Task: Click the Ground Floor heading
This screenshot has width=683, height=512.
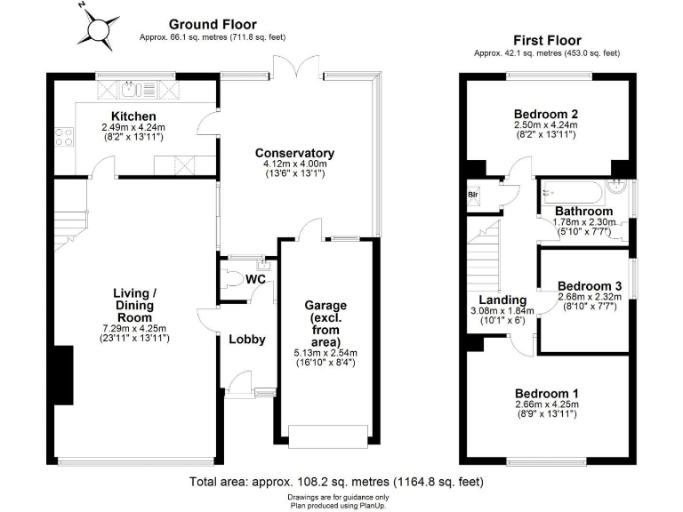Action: [x=212, y=24]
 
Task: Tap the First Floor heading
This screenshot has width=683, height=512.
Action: [x=547, y=40]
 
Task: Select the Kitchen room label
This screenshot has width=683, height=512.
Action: [x=133, y=116]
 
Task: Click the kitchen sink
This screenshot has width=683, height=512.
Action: [x=131, y=88]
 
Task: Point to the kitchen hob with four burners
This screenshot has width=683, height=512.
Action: [x=65, y=137]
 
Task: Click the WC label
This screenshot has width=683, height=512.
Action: [x=256, y=280]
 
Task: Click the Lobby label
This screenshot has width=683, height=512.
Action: [x=247, y=339]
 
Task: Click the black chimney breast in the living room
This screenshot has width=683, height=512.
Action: [x=61, y=374]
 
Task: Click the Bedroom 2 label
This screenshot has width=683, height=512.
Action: [x=546, y=114]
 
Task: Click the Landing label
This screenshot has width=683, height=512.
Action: [x=502, y=300]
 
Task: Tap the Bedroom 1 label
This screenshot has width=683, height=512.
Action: [x=546, y=393]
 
